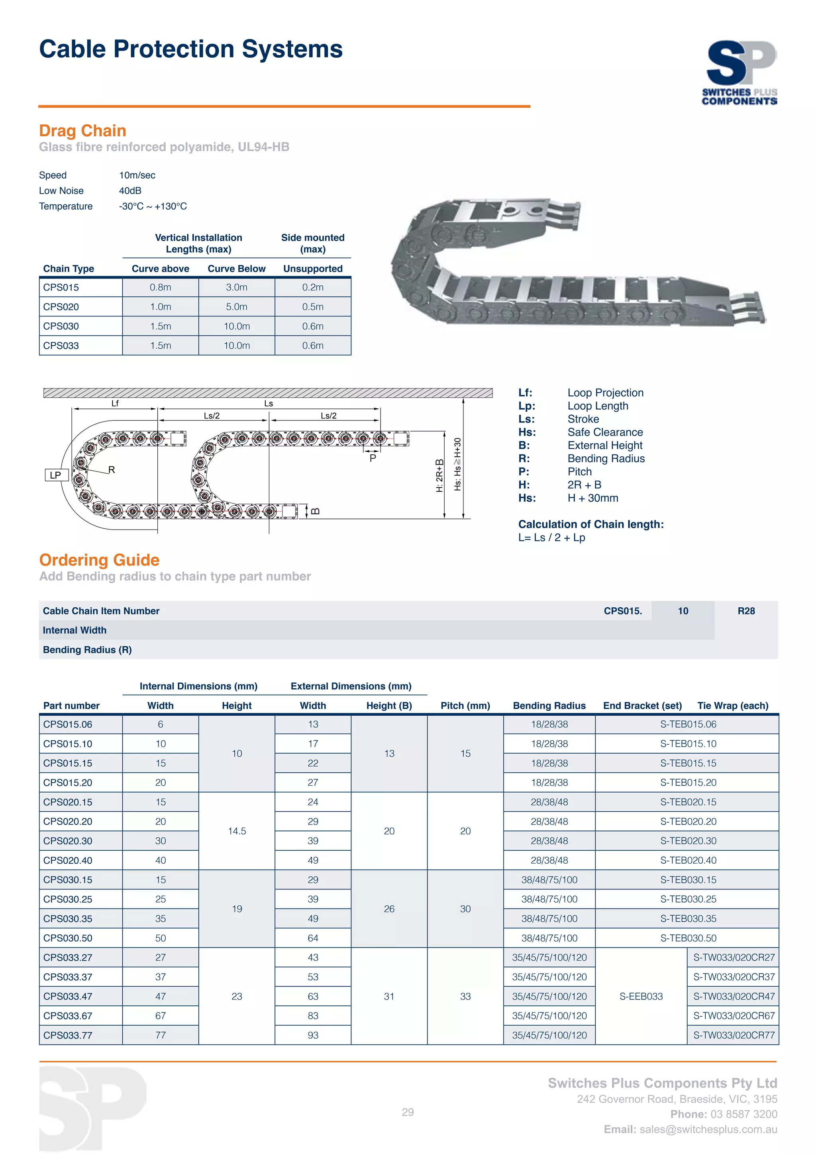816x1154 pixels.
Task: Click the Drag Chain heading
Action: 82,131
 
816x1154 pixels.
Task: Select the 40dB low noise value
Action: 130,191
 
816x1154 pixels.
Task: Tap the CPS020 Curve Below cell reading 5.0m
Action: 237,306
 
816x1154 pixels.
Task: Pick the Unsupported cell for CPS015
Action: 312,287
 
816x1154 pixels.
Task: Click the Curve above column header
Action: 160,269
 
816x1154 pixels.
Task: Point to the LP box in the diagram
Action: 56,475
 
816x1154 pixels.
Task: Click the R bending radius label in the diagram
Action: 112,469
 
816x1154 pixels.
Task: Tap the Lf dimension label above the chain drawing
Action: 115,404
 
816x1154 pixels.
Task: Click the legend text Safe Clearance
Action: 605,432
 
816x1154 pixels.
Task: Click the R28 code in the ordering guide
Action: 746,611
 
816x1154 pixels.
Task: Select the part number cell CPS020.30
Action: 68,841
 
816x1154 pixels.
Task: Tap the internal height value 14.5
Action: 237,831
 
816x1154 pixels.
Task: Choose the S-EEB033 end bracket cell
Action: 641,996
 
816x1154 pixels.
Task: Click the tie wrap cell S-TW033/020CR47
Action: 734,996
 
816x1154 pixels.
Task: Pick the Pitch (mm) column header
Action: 465,706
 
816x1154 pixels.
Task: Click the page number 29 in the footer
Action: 408,1112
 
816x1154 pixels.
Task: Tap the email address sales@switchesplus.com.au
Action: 708,1129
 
